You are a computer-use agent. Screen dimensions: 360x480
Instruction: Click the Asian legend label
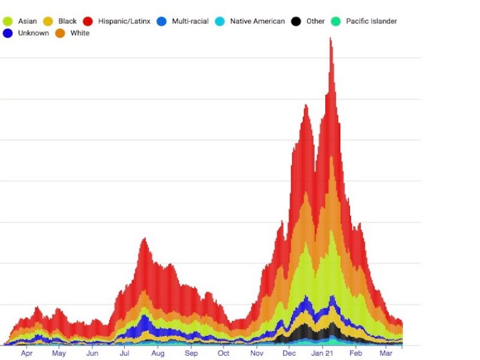coord(28,21)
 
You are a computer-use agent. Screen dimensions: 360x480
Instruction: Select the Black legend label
coord(67,21)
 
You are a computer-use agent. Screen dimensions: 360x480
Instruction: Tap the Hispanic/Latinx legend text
coord(124,21)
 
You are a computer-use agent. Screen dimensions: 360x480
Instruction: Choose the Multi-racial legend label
coord(190,21)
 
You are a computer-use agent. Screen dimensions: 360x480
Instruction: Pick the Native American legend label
coord(257,21)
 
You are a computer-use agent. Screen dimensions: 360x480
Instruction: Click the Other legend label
coord(315,21)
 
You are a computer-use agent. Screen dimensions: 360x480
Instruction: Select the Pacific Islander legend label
coord(371,21)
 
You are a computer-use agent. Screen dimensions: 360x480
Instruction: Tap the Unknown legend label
coord(34,33)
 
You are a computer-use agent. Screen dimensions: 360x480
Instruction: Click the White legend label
coord(80,33)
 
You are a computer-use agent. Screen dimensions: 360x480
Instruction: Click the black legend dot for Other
coord(296,22)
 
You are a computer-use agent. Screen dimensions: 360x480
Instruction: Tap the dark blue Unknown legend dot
coord(8,34)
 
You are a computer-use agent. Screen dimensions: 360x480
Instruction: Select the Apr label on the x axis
coord(26,354)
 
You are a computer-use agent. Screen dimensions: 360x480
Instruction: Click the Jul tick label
coord(124,354)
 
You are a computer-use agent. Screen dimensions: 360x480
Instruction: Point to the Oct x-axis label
coord(223,354)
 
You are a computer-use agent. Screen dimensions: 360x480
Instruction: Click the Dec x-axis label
coord(289,354)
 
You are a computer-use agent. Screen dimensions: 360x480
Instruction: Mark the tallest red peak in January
coord(330,40)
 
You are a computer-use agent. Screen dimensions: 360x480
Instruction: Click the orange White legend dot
coord(60,34)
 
